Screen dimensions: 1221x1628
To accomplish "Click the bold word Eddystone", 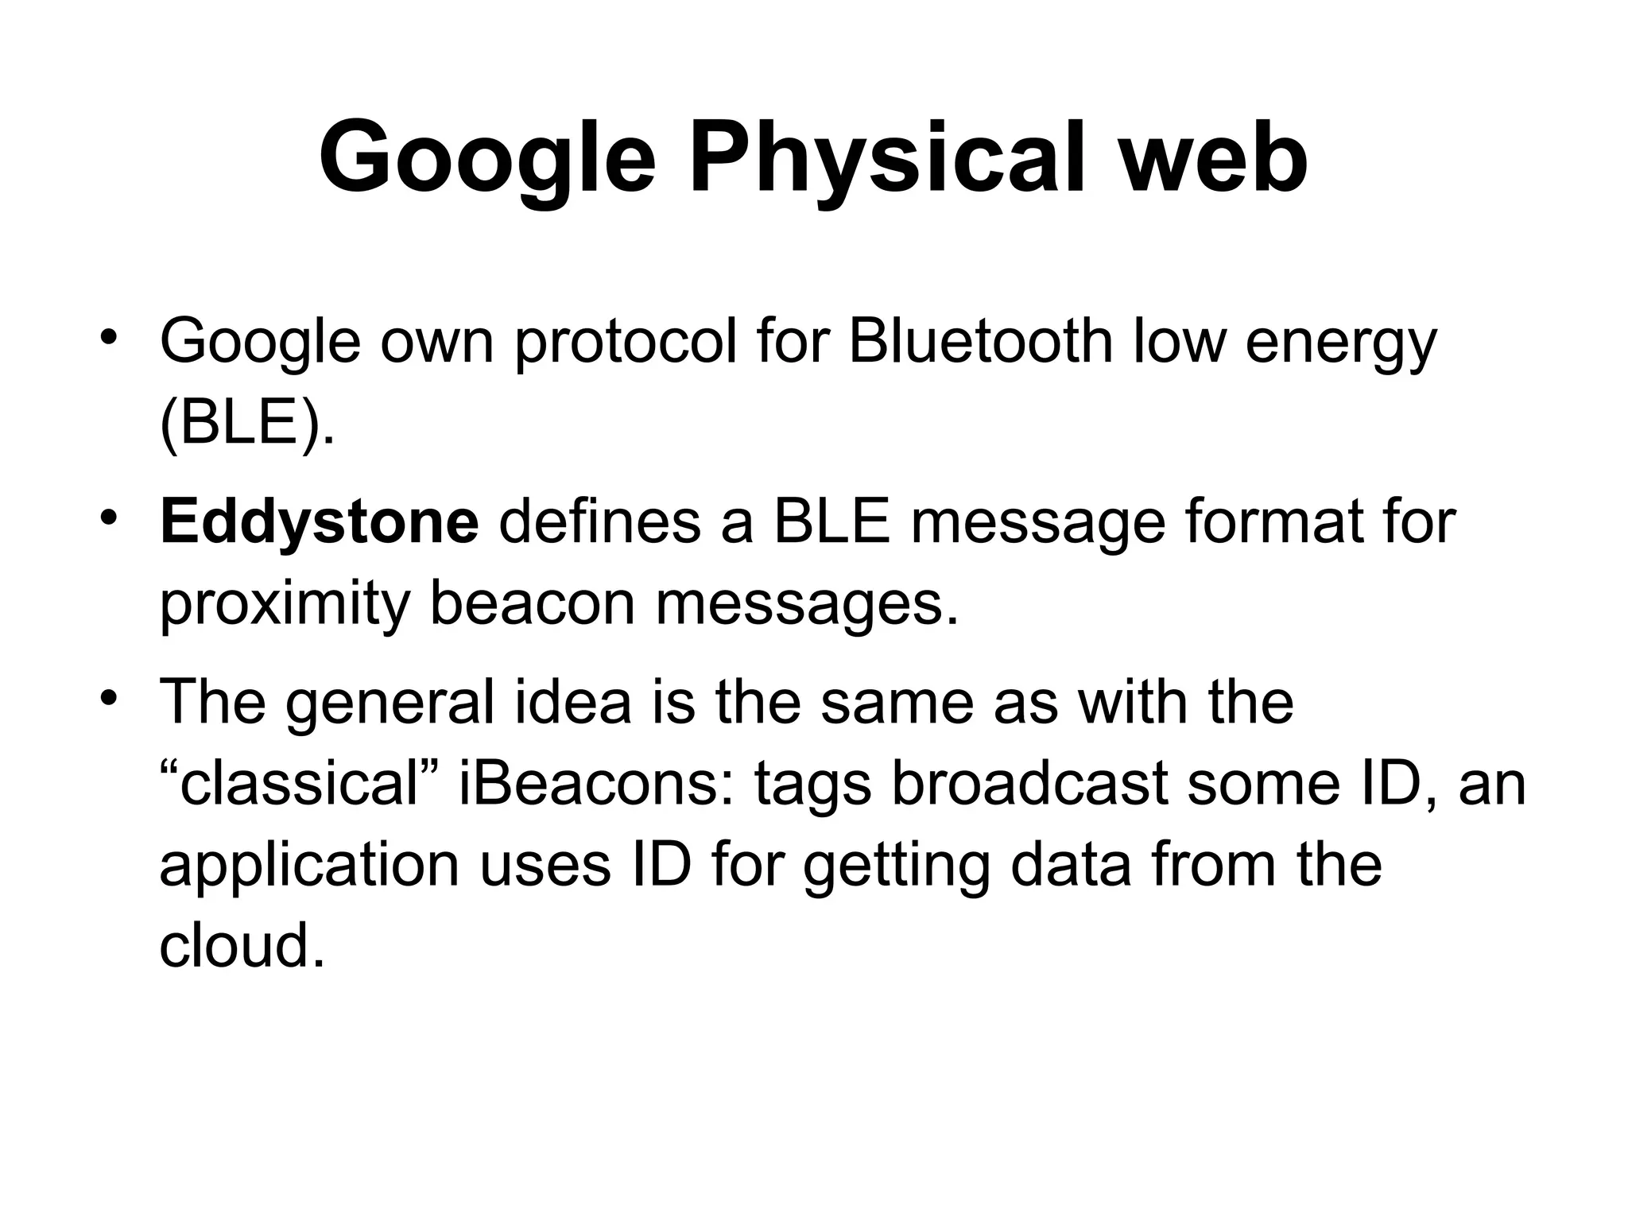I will click(320, 523).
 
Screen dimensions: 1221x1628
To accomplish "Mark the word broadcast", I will click(1029, 783).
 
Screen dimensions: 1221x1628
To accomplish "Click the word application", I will click(309, 866).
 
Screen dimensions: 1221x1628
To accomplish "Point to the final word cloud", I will click(242, 945).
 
